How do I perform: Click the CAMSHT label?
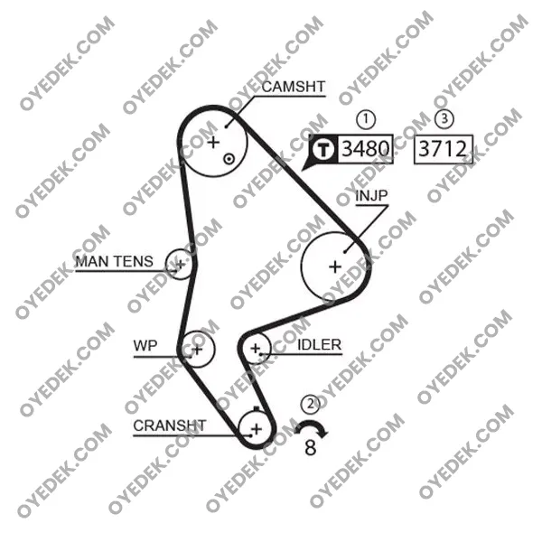coord(293,87)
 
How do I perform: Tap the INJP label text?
coord(371,196)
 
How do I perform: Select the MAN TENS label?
coord(115,261)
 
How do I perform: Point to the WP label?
coord(145,345)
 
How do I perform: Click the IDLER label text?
coord(320,345)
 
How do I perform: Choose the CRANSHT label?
coord(170,425)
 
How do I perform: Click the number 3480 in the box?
coord(365,149)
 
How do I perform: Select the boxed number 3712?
coord(443,149)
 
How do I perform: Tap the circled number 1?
coord(365,119)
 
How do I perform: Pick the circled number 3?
coord(444,119)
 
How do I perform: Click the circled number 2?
coord(311,404)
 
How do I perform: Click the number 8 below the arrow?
coord(311,447)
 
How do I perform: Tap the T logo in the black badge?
coord(323,150)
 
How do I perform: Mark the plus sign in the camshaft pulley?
coord(213,142)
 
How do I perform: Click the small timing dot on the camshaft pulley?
coord(229,159)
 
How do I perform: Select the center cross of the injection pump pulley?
coord(334,266)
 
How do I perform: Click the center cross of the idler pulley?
coord(255,349)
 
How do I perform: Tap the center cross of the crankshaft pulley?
coord(257,429)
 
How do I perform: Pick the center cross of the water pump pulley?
coord(197,350)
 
